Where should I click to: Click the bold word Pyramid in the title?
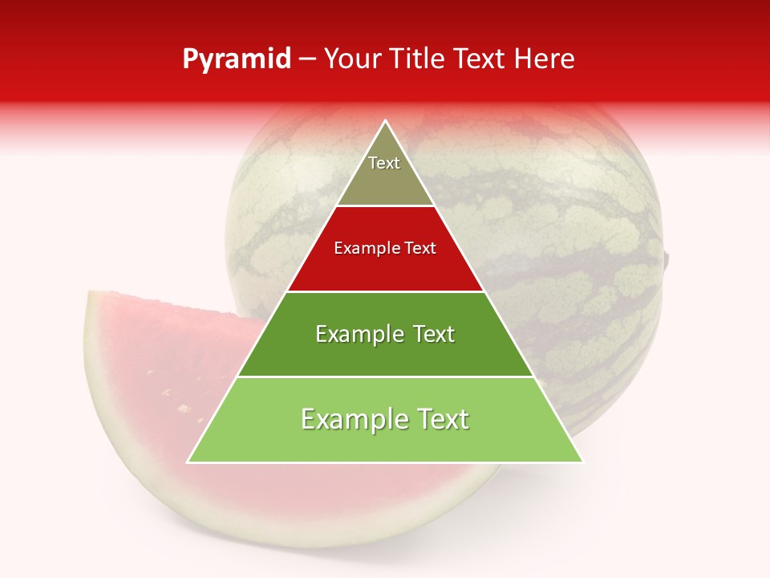tap(237, 59)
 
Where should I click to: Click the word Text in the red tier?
tap(421, 249)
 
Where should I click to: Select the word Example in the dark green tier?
tap(359, 334)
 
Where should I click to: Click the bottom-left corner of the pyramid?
tap(188, 462)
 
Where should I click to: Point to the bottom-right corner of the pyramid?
tap(583, 462)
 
